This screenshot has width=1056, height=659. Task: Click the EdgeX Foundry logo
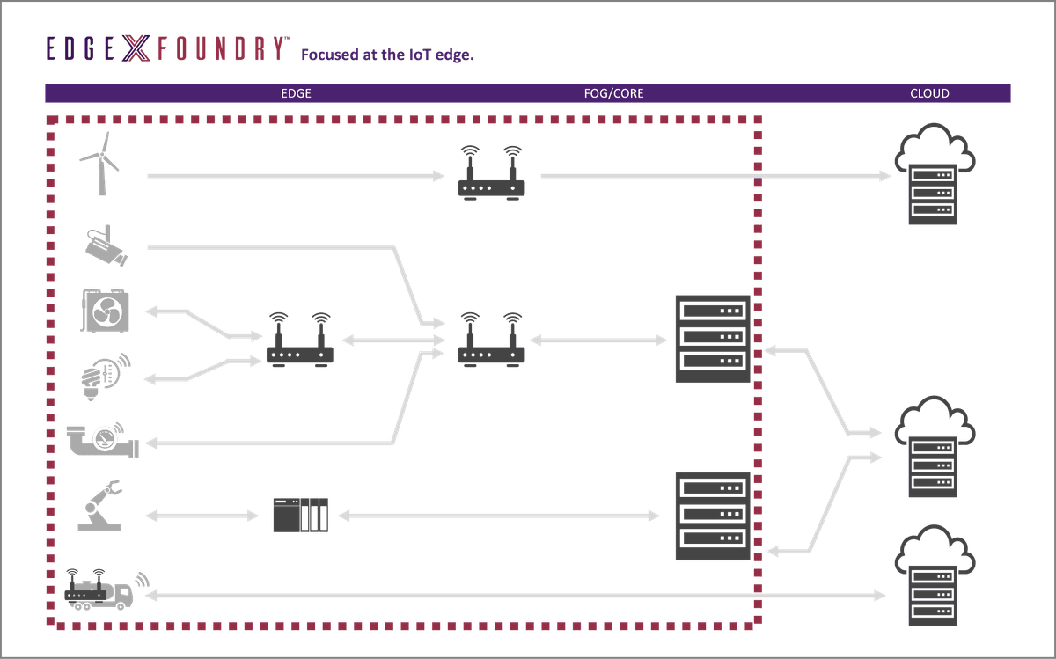tap(166, 49)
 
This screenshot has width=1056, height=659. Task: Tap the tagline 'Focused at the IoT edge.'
tap(388, 55)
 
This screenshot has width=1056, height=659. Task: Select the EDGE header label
tap(296, 93)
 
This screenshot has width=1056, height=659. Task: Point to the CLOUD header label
tap(929, 93)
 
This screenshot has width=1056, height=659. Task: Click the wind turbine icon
tap(99, 164)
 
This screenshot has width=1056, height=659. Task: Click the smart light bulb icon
tap(106, 375)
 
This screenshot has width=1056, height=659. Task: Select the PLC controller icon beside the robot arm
tap(300, 515)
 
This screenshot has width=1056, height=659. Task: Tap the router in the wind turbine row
tap(491, 176)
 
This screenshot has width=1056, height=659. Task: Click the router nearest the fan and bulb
tap(300, 340)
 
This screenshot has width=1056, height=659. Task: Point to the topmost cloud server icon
tap(933, 176)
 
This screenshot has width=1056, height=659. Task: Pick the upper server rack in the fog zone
tap(712, 339)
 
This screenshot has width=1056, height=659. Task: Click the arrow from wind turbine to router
tap(296, 177)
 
